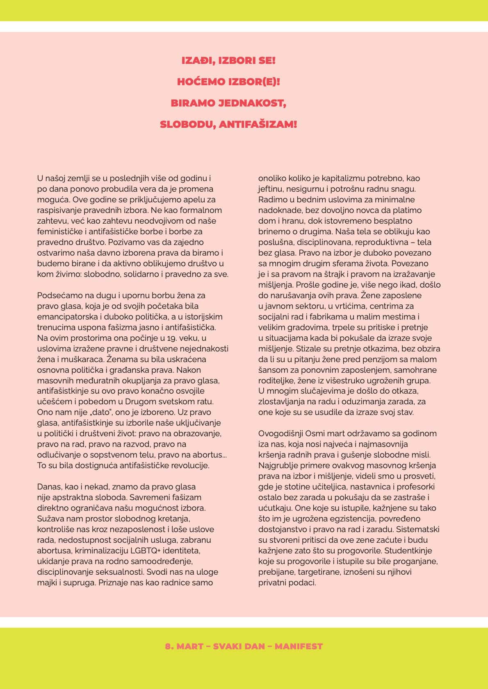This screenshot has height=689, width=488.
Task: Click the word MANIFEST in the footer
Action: [x=299, y=646]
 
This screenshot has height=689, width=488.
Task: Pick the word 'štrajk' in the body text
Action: [x=349, y=274]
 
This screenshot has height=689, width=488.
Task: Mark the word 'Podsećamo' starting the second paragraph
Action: [x=55, y=296]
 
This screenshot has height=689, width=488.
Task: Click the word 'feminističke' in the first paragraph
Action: [x=58, y=232]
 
